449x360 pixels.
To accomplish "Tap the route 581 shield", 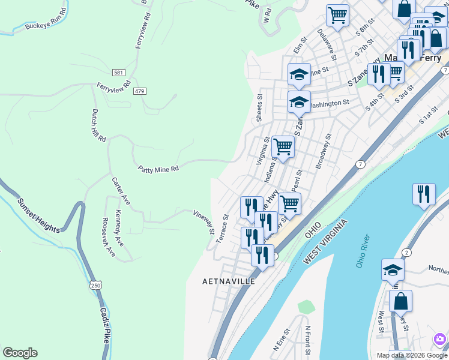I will click(x=119, y=73).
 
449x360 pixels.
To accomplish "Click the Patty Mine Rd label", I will click(x=158, y=169).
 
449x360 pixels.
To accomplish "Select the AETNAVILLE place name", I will click(x=229, y=281).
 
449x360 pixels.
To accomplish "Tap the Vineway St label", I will click(x=204, y=221).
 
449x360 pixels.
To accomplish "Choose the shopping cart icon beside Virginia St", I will click(x=282, y=146).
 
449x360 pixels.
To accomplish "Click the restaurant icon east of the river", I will click(x=424, y=194).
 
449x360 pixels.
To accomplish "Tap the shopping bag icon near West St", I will click(x=400, y=300).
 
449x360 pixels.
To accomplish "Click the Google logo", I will click(x=20, y=353).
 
